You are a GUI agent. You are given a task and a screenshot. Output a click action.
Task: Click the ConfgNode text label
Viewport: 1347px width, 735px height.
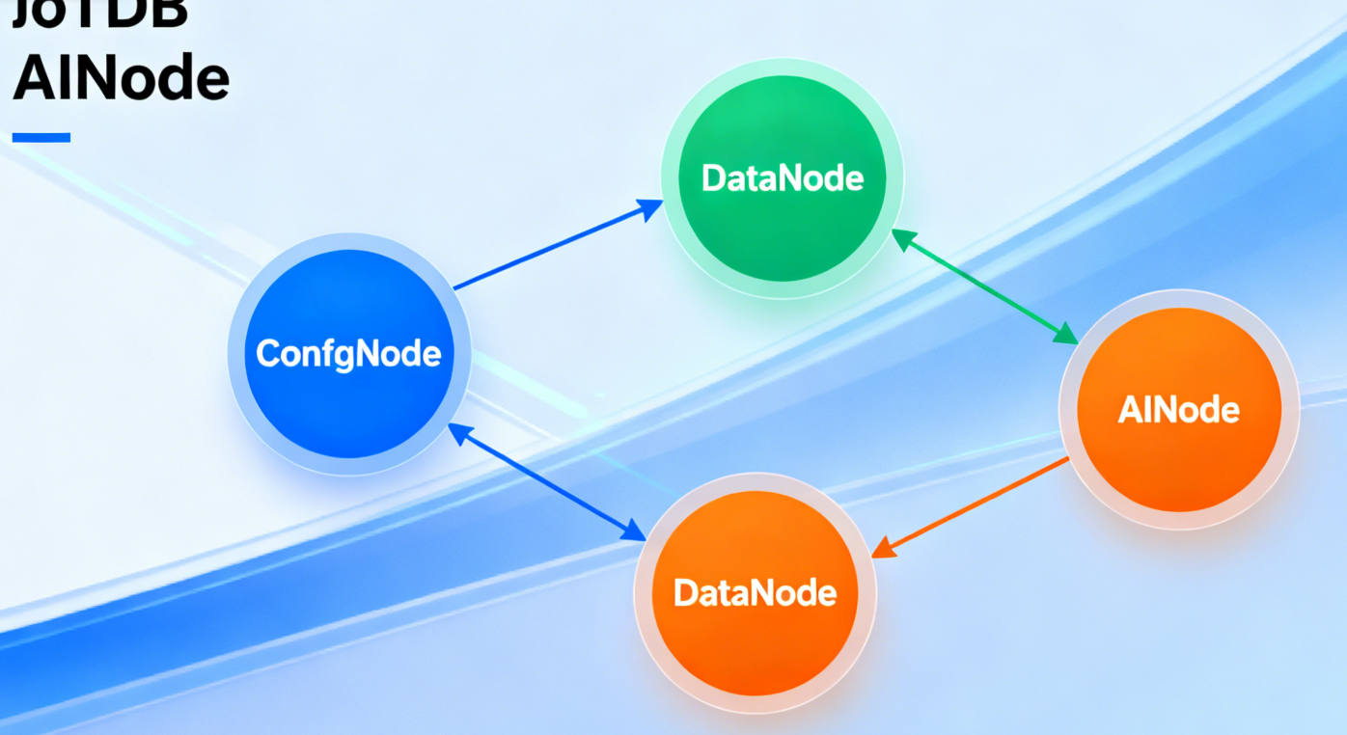click(x=348, y=354)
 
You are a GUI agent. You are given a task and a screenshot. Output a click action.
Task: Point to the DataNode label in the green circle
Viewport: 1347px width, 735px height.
click(x=783, y=178)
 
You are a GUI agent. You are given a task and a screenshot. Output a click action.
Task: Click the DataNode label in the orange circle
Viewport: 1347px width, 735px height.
click(x=755, y=592)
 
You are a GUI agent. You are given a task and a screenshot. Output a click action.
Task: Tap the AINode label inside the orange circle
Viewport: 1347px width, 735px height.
click(x=1179, y=411)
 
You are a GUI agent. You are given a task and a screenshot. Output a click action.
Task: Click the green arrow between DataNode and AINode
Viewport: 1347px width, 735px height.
click(x=984, y=286)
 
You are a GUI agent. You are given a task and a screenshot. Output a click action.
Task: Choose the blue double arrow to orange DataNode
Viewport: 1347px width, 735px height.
click(x=548, y=483)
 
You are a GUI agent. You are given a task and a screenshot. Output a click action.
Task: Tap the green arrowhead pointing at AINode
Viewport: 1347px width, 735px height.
click(x=1065, y=335)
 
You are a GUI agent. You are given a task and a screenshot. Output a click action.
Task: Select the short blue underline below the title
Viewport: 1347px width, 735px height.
click(x=41, y=138)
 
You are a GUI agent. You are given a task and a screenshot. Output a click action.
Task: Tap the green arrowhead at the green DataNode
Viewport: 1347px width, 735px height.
click(x=903, y=239)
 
